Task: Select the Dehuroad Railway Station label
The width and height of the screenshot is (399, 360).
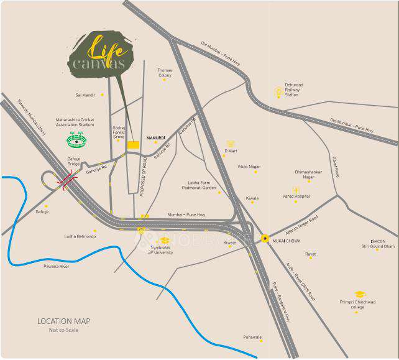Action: (x=292, y=92)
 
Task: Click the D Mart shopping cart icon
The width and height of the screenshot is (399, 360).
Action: (x=231, y=144)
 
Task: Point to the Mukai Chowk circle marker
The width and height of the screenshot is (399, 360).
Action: (x=265, y=238)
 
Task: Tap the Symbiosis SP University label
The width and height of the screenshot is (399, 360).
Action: (x=161, y=251)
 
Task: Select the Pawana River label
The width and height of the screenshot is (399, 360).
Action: (x=56, y=266)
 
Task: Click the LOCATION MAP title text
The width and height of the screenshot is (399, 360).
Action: (x=63, y=321)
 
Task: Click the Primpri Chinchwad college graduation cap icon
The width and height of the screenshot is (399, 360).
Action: (x=359, y=293)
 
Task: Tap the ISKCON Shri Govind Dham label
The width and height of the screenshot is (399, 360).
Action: (x=378, y=244)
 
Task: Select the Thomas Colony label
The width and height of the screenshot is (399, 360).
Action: (x=165, y=72)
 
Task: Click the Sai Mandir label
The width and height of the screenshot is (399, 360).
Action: (x=85, y=95)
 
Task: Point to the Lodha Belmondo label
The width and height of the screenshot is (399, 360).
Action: (x=80, y=236)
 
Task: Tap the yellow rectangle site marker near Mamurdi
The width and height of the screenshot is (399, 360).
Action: (x=132, y=144)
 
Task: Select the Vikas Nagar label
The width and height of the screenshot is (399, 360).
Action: (x=249, y=167)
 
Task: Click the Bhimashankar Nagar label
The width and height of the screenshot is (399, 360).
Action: (x=308, y=174)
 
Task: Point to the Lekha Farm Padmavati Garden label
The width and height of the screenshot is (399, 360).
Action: (x=198, y=185)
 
